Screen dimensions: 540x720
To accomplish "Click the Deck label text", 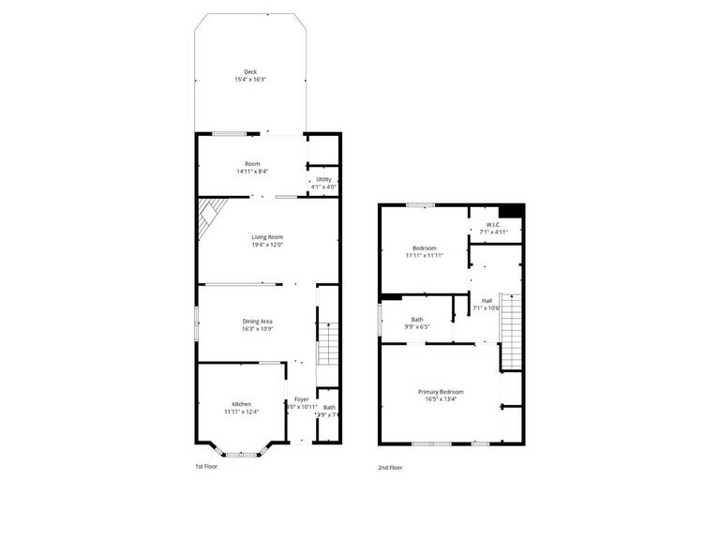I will click(249, 72).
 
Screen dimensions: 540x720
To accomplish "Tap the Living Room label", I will click(267, 237).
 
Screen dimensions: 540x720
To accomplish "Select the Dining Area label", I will click(257, 322).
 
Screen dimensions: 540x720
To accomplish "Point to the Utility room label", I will click(323, 179).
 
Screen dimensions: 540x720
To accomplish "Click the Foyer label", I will click(301, 399).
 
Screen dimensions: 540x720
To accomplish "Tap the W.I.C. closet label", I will click(493, 224).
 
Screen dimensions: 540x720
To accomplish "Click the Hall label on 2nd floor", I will click(487, 300).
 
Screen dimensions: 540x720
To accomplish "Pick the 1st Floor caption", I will click(206, 465).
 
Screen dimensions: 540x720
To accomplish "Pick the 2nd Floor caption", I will click(390, 466).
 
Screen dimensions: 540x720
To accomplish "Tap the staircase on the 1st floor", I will click(327, 337).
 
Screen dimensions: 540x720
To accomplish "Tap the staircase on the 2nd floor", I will click(510, 333).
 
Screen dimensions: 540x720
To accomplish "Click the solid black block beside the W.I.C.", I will click(511, 211).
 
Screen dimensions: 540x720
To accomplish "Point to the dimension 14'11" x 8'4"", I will click(252, 172).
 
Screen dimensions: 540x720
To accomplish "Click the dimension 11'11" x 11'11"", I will click(425, 255).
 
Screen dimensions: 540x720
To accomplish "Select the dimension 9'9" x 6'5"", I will click(417, 327).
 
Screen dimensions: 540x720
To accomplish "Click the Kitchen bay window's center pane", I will click(240, 455).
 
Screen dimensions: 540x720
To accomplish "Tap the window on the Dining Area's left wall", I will click(196, 322).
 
